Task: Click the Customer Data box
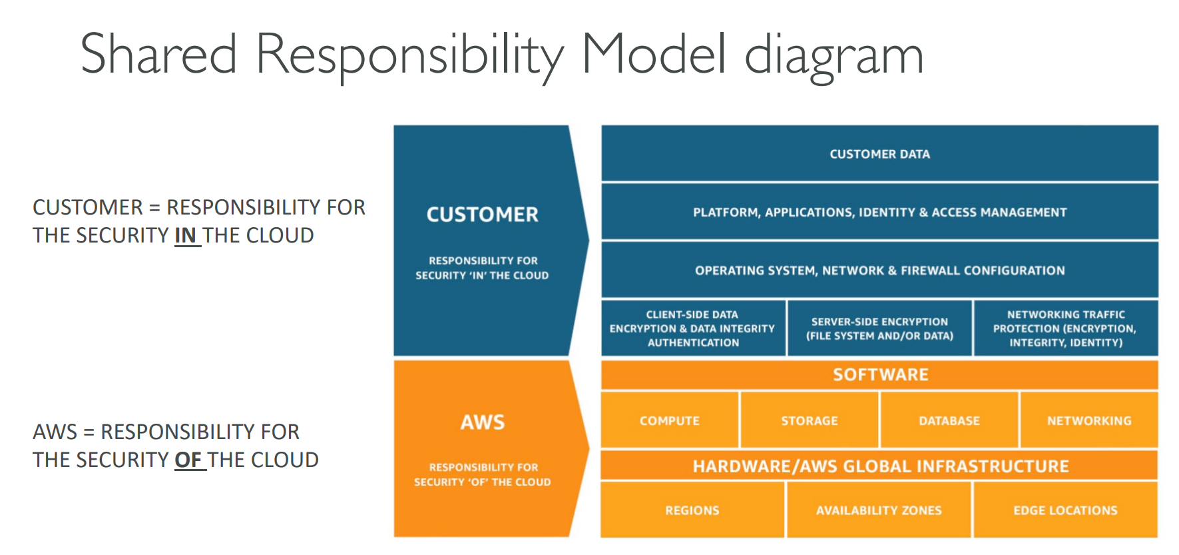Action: (x=879, y=154)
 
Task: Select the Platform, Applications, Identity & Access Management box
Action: (x=879, y=212)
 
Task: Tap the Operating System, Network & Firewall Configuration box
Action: (x=879, y=270)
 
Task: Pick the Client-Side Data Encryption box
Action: (x=692, y=328)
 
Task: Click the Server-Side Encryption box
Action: (x=879, y=328)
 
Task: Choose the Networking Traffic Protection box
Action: (x=1065, y=328)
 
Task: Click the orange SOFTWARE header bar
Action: (x=880, y=374)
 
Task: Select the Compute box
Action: (x=669, y=420)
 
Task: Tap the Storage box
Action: (x=809, y=420)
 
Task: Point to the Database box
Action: (x=949, y=420)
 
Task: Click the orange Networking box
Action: (x=1089, y=420)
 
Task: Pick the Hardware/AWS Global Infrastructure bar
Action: (x=880, y=466)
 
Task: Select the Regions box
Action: (x=692, y=510)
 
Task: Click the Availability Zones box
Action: (x=879, y=510)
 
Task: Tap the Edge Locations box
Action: (x=1065, y=510)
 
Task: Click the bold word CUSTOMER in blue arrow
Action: (x=482, y=215)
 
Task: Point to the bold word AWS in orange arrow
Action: (x=483, y=422)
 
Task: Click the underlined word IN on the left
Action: (x=185, y=235)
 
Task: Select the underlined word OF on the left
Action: (x=188, y=460)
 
